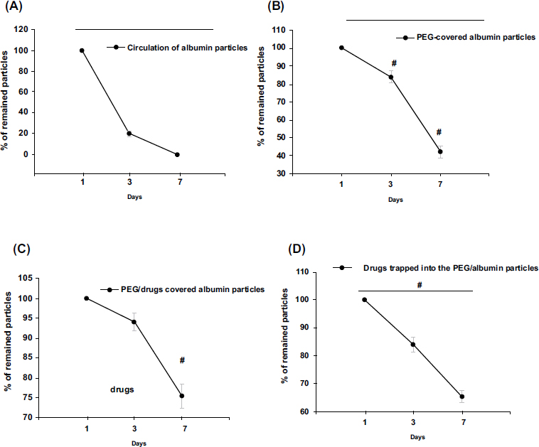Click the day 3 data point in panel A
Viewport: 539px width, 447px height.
pyautogui.click(x=129, y=133)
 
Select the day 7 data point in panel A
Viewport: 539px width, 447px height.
pyautogui.click(x=177, y=154)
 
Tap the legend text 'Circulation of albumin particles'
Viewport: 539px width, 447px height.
pyautogui.click(x=187, y=48)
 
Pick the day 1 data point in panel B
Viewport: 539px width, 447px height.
pyautogui.click(x=341, y=48)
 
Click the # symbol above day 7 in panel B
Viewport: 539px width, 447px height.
pyautogui.click(x=439, y=132)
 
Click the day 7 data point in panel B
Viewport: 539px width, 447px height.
pyautogui.click(x=440, y=151)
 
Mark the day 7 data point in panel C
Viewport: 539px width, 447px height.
pyautogui.click(x=182, y=396)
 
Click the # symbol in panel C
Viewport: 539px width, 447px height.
pyautogui.click(x=182, y=360)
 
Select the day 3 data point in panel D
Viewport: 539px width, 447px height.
pyautogui.click(x=412, y=345)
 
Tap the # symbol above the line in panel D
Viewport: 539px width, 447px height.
pyautogui.click(x=420, y=285)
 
